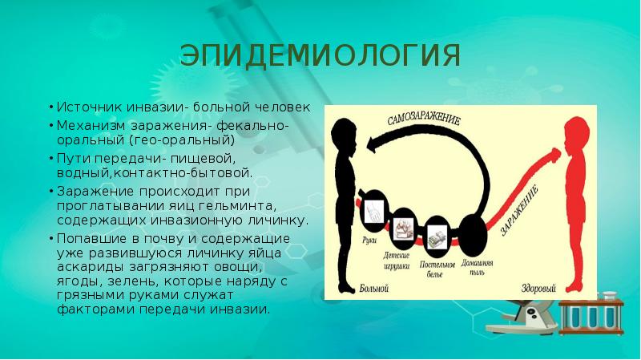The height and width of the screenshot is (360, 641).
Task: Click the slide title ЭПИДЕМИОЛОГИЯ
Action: click(x=320, y=57)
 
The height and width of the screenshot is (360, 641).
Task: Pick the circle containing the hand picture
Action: click(x=374, y=211)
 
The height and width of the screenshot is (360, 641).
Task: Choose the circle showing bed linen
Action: click(x=437, y=236)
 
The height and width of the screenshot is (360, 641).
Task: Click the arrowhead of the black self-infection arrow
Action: click(x=369, y=145)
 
